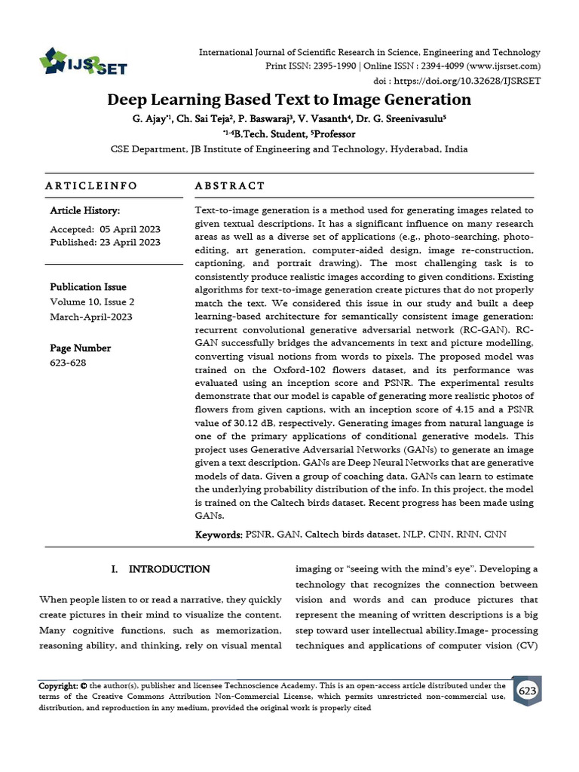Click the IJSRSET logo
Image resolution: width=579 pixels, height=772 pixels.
pyautogui.click(x=83, y=62)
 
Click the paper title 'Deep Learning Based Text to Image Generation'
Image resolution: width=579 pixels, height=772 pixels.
pyautogui.click(x=289, y=100)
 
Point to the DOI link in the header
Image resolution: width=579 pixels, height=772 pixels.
pyautogui.click(x=467, y=80)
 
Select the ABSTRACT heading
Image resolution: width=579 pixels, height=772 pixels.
pyautogui.click(x=230, y=185)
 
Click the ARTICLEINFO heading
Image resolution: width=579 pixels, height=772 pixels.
pyautogui.click(x=91, y=185)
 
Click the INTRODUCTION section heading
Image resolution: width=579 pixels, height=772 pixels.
pyautogui.click(x=169, y=569)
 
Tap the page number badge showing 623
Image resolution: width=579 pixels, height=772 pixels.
pyautogui.click(x=527, y=691)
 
